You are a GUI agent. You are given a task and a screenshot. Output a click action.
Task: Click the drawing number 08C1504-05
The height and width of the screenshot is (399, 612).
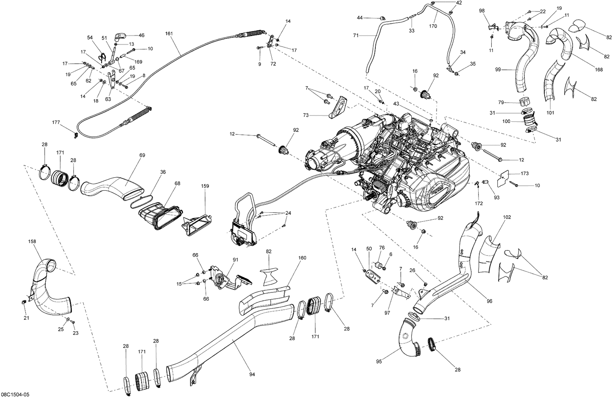point(14,395)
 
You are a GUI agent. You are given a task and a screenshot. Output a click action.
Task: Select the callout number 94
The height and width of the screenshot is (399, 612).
point(252,374)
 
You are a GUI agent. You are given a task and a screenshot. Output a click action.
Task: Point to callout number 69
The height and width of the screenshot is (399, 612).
point(142,156)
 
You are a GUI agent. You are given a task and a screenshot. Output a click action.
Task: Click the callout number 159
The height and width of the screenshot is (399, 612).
point(204,186)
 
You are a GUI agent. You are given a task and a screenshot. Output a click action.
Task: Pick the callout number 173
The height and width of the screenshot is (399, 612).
point(524,174)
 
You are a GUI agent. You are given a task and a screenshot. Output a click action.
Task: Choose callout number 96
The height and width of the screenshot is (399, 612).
point(489,301)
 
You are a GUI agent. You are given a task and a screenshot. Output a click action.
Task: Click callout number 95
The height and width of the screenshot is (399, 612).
point(379,361)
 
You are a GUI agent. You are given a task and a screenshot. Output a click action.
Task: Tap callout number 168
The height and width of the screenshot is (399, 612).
point(599,70)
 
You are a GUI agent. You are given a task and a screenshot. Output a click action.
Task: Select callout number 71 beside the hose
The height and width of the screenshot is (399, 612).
point(356,36)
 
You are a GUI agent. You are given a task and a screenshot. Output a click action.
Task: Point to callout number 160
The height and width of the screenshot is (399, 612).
point(302,258)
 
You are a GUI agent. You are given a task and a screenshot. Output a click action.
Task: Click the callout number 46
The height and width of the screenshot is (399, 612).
point(141,36)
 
